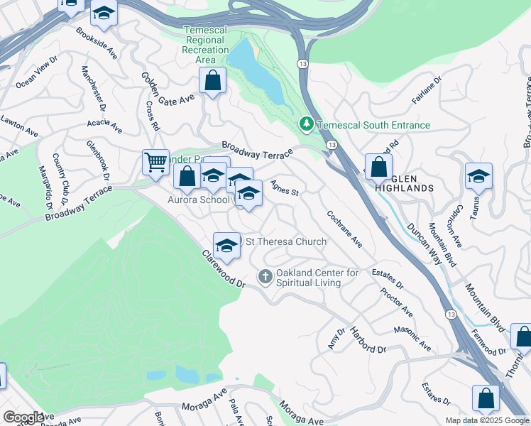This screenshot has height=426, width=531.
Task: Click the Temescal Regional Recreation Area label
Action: pos(206,45)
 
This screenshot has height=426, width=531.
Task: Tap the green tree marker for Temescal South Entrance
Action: pos(307,125)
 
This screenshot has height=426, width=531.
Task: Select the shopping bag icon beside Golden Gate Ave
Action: pos(212,81)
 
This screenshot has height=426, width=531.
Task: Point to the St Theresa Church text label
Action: pos(285,242)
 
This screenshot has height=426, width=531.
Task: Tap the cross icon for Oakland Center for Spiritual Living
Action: pos(265,275)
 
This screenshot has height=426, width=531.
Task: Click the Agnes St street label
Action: pos(285,188)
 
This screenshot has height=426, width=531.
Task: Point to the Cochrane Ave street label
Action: pos(345,229)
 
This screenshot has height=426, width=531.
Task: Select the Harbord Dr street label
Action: pos(367,340)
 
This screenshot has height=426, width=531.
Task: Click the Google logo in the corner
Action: pos(23,417)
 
